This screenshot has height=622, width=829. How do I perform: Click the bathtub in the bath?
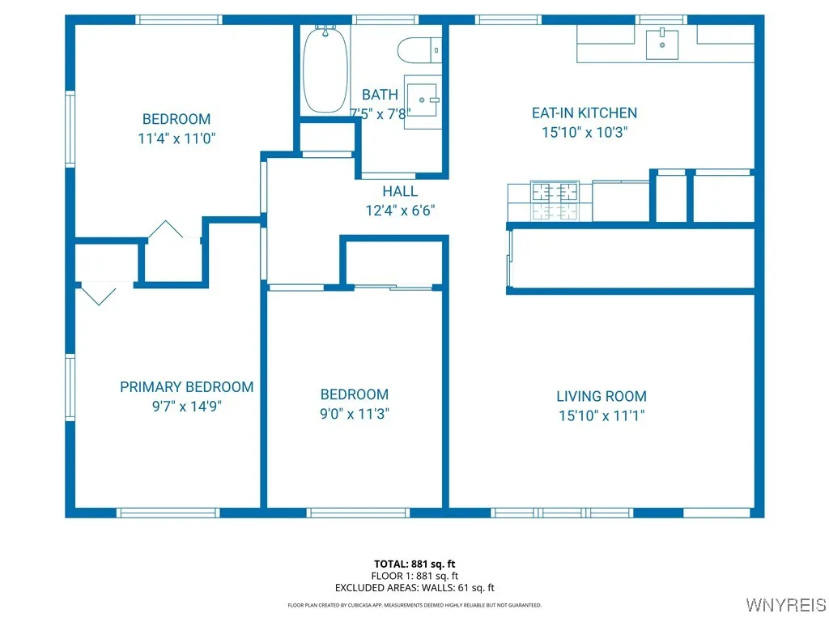point(325,71)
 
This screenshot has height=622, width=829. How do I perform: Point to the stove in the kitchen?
point(555,201)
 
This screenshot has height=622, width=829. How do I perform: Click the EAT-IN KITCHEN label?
point(585,113)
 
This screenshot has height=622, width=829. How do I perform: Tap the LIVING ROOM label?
point(602,396)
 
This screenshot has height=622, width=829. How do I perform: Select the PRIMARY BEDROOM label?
point(187,387)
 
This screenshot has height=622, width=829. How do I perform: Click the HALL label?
point(401,191)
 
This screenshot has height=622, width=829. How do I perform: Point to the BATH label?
point(380,95)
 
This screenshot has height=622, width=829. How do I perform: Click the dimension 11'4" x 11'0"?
point(176,138)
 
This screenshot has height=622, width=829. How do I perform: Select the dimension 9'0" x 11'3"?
point(355,414)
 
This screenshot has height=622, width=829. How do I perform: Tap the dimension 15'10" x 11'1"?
point(602,415)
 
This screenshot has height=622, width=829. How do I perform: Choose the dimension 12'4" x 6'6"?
point(401,211)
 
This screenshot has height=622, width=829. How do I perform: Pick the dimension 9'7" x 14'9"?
point(187,407)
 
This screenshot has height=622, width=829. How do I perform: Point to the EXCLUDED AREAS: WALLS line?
point(414,588)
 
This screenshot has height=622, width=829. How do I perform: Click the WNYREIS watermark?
point(784,605)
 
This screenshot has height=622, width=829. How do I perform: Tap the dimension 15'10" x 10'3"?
point(585,132)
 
